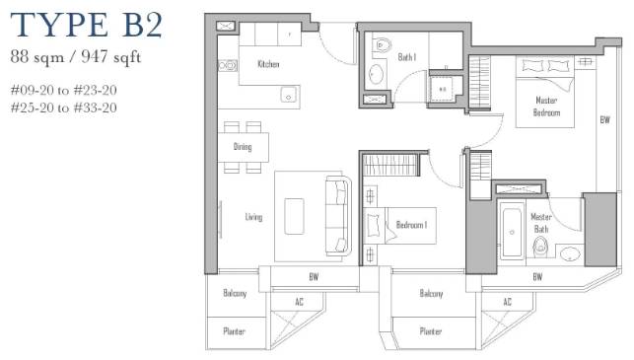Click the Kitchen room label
click(x=268, y=64)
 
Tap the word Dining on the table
click(x=243, y=146)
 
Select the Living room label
click(x=253, y=217)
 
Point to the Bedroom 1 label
click(x=411, y=225)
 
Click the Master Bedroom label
click(x=546, y=107)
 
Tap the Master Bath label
click(x=541, y=223)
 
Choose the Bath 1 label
click(x=407, y=57)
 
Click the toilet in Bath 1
click(x=382, y=44)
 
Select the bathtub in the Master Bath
click(x=512, y=231)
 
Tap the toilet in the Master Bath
click(x=539, y=247)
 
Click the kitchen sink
click(x=289, y=95)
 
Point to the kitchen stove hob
click(x=228, y=65)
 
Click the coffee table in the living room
click(x=294, y=216)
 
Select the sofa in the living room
click(x=338, y=216)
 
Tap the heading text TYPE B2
click(x=87, y=25)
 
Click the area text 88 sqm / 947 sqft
click(x=76, y=56)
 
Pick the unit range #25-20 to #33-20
click(x=64, y=108)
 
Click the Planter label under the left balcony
click(x=235, y=331)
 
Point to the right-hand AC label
click(x=508, y=302)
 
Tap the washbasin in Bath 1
click(x=376, y=74)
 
